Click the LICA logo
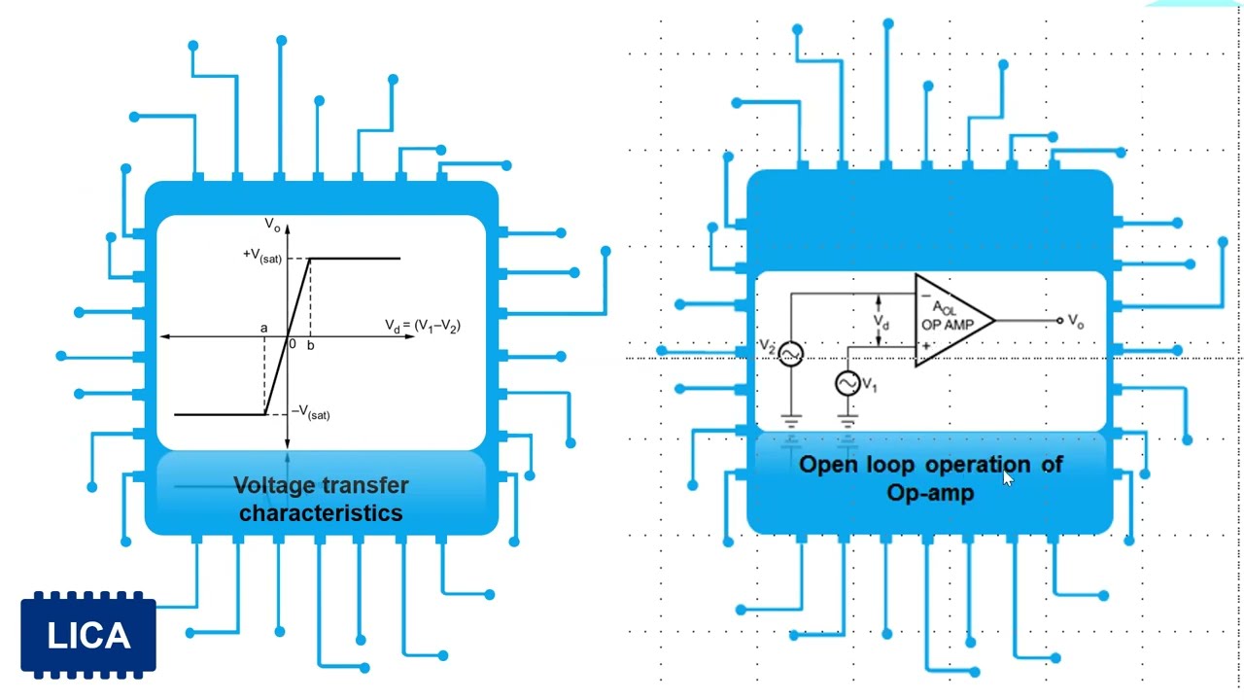pos(88,636)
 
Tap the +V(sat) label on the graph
pos(262,256)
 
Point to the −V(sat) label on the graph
pos(311,413)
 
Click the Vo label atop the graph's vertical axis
pos(272,226)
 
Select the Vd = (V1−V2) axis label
pos(422,327)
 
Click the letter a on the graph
pos(263,329)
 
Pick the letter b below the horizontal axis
pos(311,345)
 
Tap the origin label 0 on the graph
pos(292,345)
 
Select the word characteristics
pos(321,512)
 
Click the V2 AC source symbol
pos(791,354)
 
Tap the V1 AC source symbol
pos(847,384)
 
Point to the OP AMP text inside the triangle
pos(947,325)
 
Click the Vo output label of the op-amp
pos(1075,321)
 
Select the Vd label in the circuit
pos(881,321)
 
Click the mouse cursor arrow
pos(1007,476)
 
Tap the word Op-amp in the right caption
pos(930,493)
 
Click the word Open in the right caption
pos(828,465)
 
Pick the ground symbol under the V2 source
pos(791,422)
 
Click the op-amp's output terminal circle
pos(1059,320)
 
